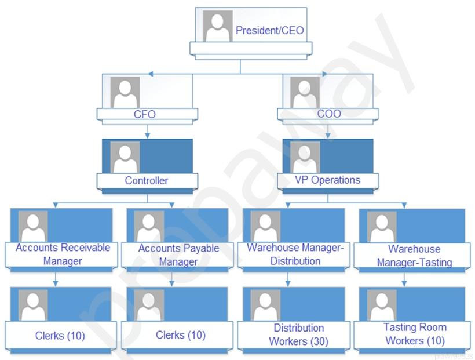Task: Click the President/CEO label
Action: click(x=269, y=31)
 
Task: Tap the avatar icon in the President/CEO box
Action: click(x=218, y=26)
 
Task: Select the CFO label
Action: click(x=145, y=114)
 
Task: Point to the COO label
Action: click(x=328, y=114)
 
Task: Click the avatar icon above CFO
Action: click(x=125, y=92)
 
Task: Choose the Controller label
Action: click(x=147, y=180)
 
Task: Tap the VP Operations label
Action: click(x=327, y=180)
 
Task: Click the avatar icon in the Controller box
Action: click(x=125, y=157)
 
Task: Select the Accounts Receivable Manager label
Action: click(x=63, y=254)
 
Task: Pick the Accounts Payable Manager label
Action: click(x=178, y=255)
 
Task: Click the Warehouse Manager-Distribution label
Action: click(x=295, y=254)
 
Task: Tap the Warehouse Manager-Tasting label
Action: click(x=414, y=256)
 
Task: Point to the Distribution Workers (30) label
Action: click(x=298, y=335)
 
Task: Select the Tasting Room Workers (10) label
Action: click(x=415, y=334)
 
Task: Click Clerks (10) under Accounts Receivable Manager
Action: click(x=60, y=336)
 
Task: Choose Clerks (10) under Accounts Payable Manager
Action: click(x=181, y=335)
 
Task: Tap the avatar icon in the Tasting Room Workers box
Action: click(x=382, y=305)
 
